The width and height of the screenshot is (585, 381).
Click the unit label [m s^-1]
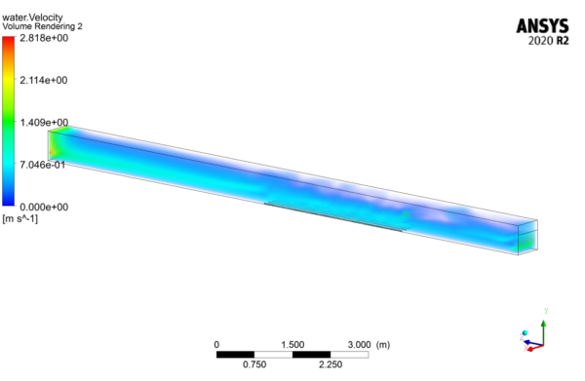coord(20,218)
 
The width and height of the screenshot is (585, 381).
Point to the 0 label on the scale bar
coord(217,345)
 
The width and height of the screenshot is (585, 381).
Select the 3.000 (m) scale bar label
coord(370,345)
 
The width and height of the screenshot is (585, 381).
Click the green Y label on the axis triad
coord(547,311)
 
